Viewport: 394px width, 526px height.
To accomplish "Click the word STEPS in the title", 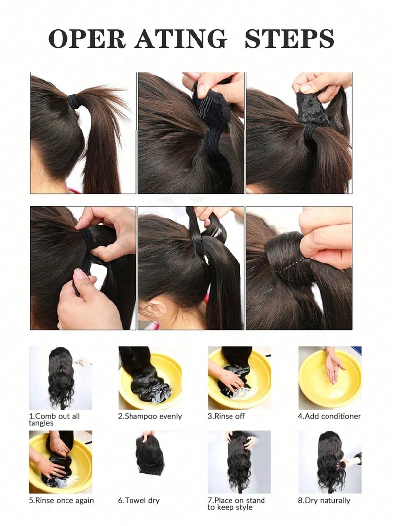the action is click(289, 38).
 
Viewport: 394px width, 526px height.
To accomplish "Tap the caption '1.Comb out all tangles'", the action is click(54, 419).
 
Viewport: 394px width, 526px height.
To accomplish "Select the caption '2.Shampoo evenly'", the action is click(150, 416).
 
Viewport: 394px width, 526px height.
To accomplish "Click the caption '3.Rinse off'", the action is click(226, 416).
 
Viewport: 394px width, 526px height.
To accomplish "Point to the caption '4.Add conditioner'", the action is click(329, 416).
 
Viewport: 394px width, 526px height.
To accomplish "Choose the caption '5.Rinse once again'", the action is click(61, 500).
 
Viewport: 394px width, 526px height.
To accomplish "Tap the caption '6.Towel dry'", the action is click(138, 500).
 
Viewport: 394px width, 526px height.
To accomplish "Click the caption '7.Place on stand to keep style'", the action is click(236, 504).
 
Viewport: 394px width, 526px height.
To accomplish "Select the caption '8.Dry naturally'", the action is click(324, 501).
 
